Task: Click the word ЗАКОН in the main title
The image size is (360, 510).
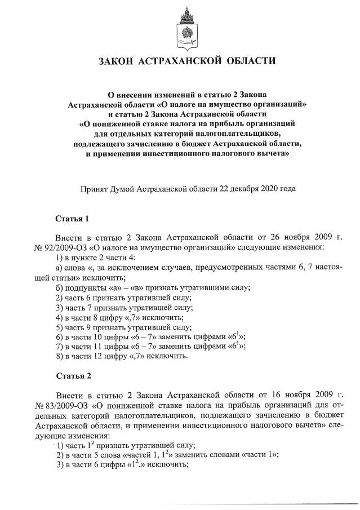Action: [115, 61]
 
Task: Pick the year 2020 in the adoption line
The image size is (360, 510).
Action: [264, 189]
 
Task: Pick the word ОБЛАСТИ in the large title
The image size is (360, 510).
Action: [248, 61]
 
